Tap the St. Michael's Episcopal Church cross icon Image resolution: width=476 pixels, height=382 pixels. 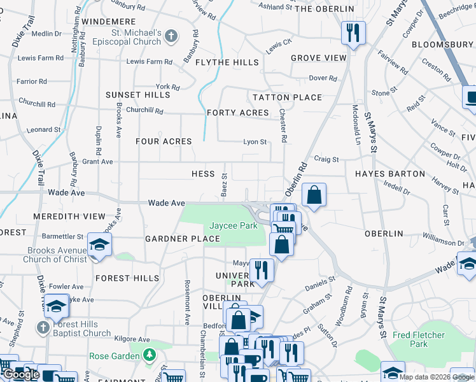click(170, 36)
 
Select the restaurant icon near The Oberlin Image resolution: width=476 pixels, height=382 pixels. click(352, 31)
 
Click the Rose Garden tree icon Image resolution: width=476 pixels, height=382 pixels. click(150, 355)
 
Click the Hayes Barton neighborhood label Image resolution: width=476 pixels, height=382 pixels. click(389, 174)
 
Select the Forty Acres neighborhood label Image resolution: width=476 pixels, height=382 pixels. click(238, 113)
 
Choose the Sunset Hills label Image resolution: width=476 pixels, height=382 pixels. click(138, 95)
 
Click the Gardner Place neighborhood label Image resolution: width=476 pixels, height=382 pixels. click(183, 239)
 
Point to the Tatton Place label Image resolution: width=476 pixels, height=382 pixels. click(287, 97)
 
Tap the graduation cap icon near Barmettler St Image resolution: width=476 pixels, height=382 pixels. click(100, 244)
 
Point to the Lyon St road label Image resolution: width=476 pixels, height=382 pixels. click(255, 142)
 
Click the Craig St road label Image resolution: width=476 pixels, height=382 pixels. click(326, 159)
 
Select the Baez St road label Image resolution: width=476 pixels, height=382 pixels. click(224, 184)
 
